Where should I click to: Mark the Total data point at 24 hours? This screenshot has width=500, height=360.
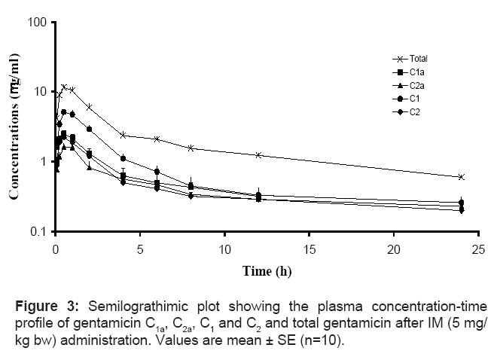pyautogui.click(x=461, y=177)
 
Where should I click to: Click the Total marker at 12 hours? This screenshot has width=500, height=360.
pyautogui.click(x=258, y=155)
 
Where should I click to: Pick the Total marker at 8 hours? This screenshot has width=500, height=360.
pyautogui.click(x=191, y=148)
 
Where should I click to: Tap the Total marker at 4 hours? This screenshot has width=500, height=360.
pyautogui.click(x=123, y=135)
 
